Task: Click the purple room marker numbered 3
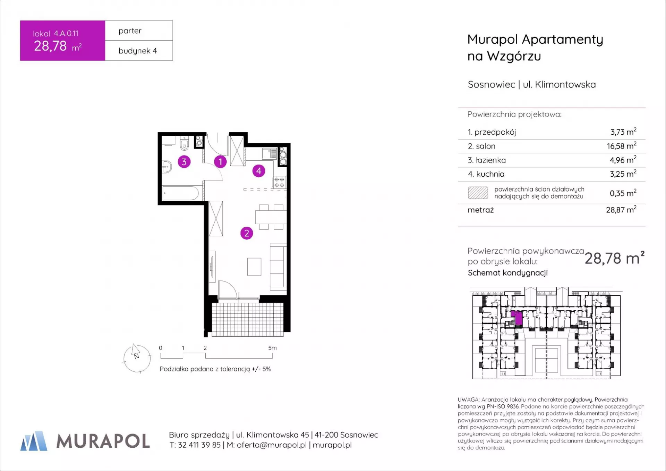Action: tap(184, 162)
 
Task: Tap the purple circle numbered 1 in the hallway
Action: tap(220, 162)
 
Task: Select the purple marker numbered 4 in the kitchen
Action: tap(259, 171)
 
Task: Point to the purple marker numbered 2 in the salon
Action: tap(247, 233)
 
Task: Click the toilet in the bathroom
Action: tap(184, 143)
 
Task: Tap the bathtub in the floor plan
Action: tap(180, 193)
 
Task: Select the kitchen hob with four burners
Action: tap(280, 182)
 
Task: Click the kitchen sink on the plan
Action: tap(270, 153)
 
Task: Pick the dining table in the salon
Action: tap(271, 217)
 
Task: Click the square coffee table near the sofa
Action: tap(254, 267)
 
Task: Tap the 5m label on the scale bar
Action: tap(272, 348)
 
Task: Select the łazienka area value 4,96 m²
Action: tap(623, 160)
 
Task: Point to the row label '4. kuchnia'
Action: tap(486, 174)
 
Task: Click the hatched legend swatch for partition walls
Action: tap(478, 193)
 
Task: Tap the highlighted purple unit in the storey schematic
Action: tap(517, 317)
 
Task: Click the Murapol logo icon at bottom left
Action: tap(34, 441)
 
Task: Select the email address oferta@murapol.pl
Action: tap(272, 445)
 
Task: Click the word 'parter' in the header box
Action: tap(130, 31)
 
